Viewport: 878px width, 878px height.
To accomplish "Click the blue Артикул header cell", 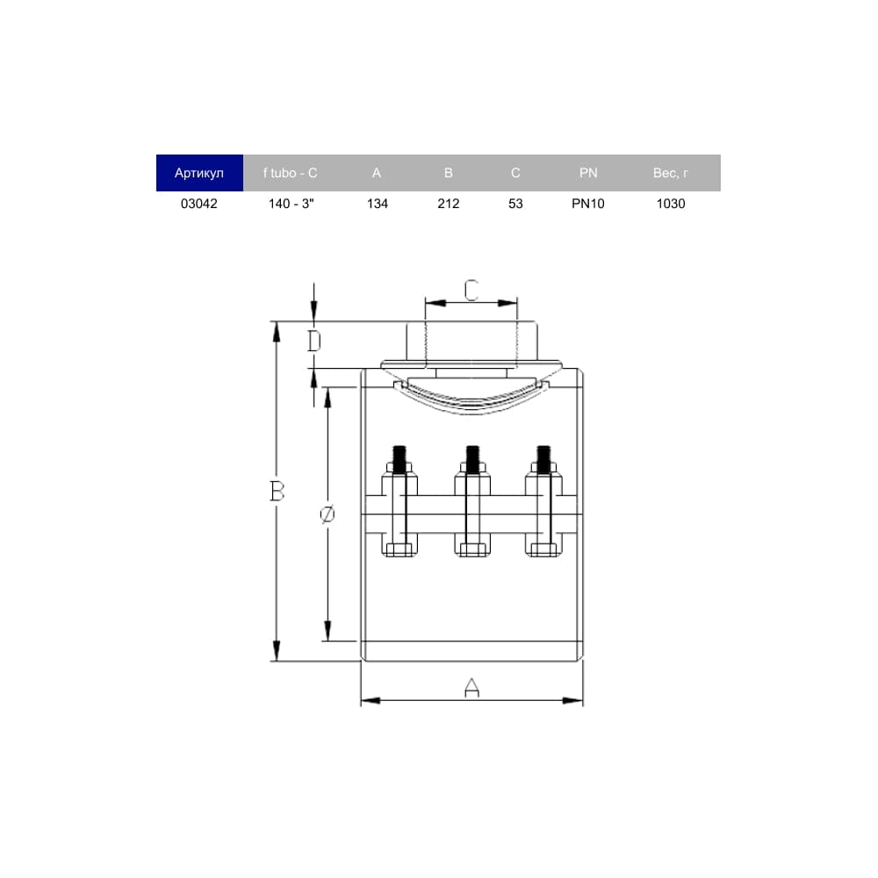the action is click(199, 173).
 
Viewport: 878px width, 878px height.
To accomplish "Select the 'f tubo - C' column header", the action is click(290, 173).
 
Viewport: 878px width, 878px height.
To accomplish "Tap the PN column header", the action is click(588, 173).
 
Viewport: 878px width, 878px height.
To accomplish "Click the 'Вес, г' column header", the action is click(670, 173).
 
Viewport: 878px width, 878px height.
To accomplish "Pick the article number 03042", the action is click(198, 204).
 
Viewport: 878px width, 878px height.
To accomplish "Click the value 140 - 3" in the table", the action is click(291, 204).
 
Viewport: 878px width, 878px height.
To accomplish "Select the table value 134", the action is click(378, 204).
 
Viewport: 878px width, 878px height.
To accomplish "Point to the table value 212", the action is click(449, 204).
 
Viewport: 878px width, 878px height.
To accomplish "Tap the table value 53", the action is click(515, 204).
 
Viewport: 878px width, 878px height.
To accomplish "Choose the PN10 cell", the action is click(588, 204).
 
